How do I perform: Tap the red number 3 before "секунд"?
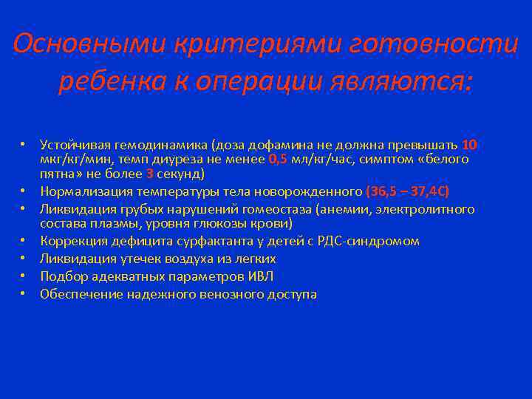(151, 174)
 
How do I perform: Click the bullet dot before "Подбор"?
(24, 276)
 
